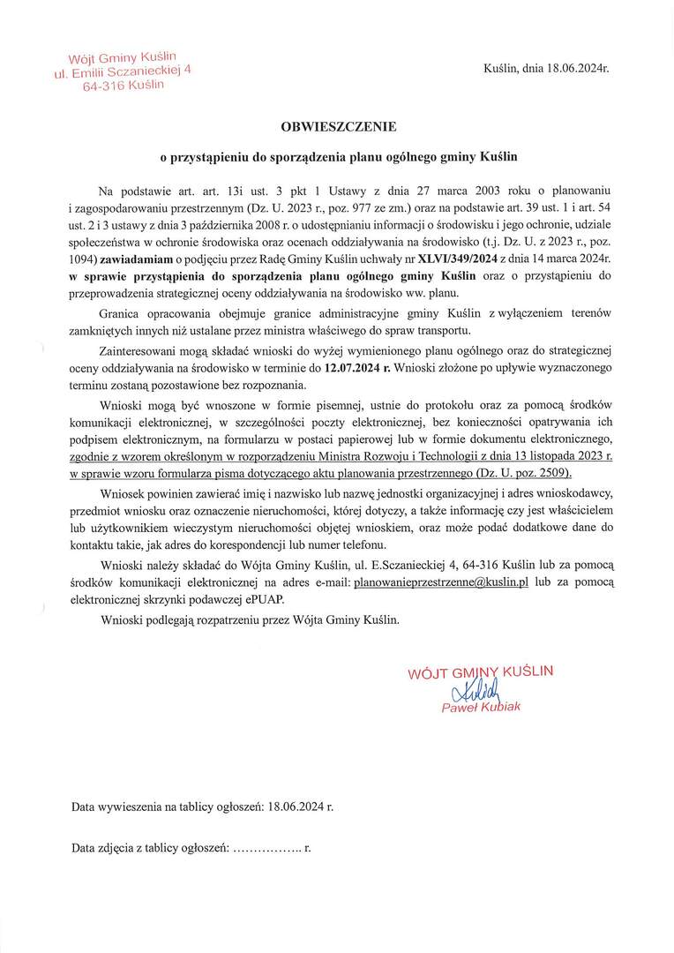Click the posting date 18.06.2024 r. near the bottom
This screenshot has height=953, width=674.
tap(300, 807)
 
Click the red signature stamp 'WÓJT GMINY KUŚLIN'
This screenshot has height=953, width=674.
tap(481, 672)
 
